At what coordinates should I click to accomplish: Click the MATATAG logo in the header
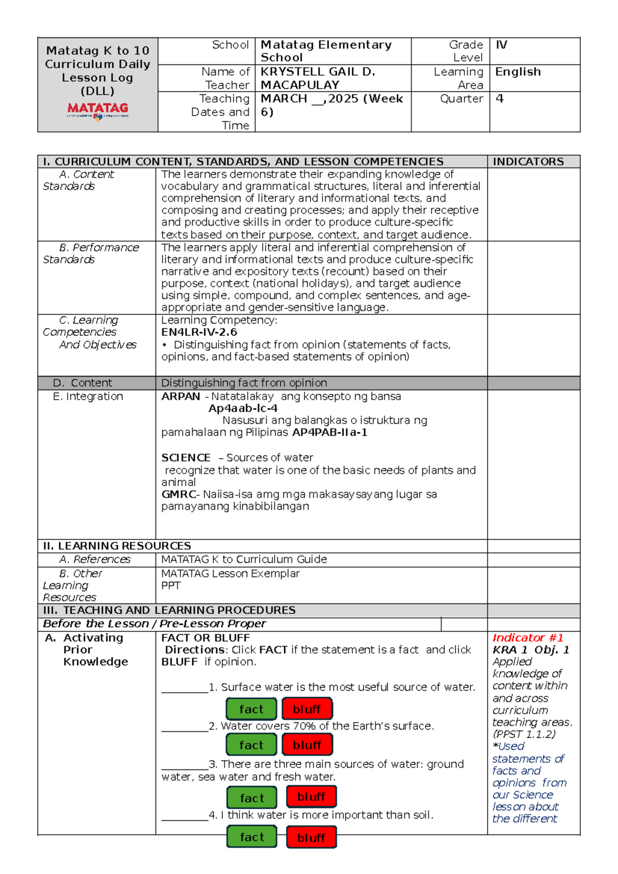(x=98, y=110)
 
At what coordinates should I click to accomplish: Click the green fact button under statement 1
(x=251, y=709)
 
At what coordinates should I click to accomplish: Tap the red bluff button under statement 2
(x=307, y=745)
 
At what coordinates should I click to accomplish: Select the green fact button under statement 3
(x=252, y=798)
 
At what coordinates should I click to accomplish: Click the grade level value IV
(x=501, y=45)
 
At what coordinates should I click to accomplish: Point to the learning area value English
(x=518, y=72)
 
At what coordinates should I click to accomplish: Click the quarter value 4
(x=500, y=98)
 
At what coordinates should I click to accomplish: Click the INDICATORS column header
(x=528, y=161)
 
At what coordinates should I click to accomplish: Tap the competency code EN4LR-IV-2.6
(x=199, y=332)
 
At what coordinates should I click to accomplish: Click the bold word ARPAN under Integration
(x=180, y=396)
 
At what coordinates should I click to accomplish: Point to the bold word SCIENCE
(x=185, y=458)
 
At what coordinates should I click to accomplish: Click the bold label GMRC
(x=178, y=494)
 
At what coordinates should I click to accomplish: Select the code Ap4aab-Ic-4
(x=243, y=408)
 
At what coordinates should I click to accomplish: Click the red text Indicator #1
(x=527, y=637)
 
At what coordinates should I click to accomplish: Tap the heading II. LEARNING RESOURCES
(x=117, y=546)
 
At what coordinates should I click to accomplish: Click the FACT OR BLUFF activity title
(x=205, y=637)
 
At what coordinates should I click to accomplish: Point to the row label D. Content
(x=82, y=383)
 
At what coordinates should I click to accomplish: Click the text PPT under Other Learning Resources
(x=170, y=585)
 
